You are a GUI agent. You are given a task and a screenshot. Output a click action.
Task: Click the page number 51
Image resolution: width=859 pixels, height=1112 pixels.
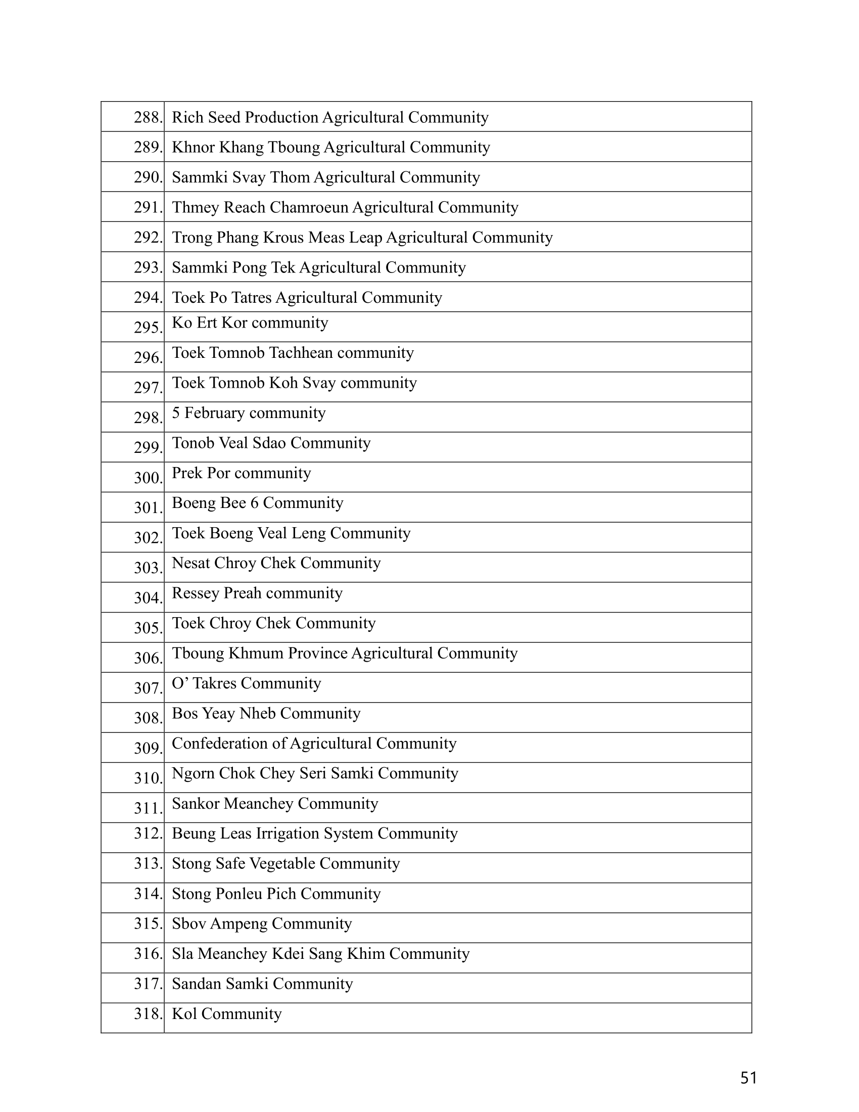point(748,1078)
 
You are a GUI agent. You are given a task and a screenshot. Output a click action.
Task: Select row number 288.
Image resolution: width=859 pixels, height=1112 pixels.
point(148,118)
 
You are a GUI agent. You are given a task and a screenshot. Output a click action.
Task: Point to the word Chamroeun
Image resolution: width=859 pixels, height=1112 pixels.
point(309,208)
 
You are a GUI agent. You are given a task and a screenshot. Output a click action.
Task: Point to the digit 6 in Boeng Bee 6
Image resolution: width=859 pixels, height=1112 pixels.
point(255,503)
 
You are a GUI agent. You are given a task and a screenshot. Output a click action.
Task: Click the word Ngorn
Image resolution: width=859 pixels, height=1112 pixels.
point(194,773)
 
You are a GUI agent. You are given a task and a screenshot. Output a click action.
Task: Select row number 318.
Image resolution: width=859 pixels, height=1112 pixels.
point(148,1014)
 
